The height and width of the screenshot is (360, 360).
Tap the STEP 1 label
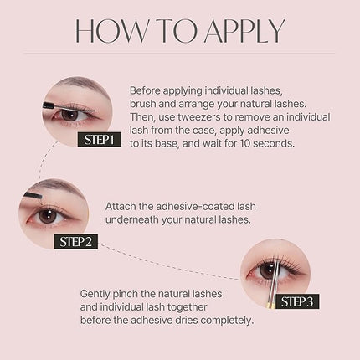tap(100, 140)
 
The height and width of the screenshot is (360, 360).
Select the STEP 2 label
tap(80, 241)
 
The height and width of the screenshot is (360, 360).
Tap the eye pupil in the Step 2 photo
tap(49, 214)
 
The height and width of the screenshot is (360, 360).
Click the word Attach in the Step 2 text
tap(124, 205)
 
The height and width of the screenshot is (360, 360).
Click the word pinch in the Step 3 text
tap(135, 294)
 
